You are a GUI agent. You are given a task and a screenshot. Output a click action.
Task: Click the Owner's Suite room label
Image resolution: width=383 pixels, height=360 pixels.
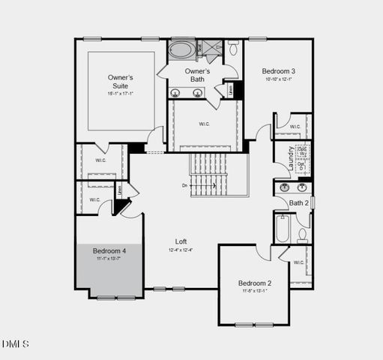(x=120, y=81)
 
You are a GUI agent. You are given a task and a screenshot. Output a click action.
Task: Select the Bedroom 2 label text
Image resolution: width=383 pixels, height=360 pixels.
(x=255, y=283)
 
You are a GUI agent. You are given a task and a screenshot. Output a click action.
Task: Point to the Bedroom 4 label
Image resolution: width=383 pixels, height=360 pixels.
(x=109, y=250)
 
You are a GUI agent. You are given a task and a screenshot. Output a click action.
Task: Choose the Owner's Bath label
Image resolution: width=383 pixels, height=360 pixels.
(x=197, y=75)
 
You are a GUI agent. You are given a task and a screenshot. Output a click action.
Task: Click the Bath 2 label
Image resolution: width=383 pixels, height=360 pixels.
(x=299, y=202)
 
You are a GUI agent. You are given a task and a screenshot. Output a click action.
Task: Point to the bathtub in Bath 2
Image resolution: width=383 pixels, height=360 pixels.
(x=283, y=229)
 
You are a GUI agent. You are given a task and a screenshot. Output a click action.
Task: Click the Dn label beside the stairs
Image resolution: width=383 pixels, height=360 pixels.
(x=185, y=184)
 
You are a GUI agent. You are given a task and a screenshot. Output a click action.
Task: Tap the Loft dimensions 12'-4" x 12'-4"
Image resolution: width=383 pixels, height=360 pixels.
(x=181, y=250)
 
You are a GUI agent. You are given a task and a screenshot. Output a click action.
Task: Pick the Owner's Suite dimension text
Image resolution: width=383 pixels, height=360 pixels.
(x=120, y=94)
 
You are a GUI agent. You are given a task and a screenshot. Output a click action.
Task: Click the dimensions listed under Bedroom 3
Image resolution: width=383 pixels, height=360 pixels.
(x=278, y=79)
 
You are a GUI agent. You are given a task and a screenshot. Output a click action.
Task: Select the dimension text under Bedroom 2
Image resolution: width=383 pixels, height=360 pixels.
(x=255, y=290)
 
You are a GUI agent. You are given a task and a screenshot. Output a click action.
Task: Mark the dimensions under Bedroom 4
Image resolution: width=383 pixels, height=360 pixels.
(x=109, y=258)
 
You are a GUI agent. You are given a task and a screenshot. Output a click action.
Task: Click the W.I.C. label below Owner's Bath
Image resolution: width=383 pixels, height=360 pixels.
(x=204, y=124)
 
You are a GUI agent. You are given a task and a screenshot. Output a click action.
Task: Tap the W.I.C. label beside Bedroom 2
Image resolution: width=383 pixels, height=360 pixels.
(x=298, y=262)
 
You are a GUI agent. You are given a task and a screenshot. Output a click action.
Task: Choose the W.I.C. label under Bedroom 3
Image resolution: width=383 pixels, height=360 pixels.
(x=295, y=127)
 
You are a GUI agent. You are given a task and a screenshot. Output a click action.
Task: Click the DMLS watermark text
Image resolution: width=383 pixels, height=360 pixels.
(x=15, y=344)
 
